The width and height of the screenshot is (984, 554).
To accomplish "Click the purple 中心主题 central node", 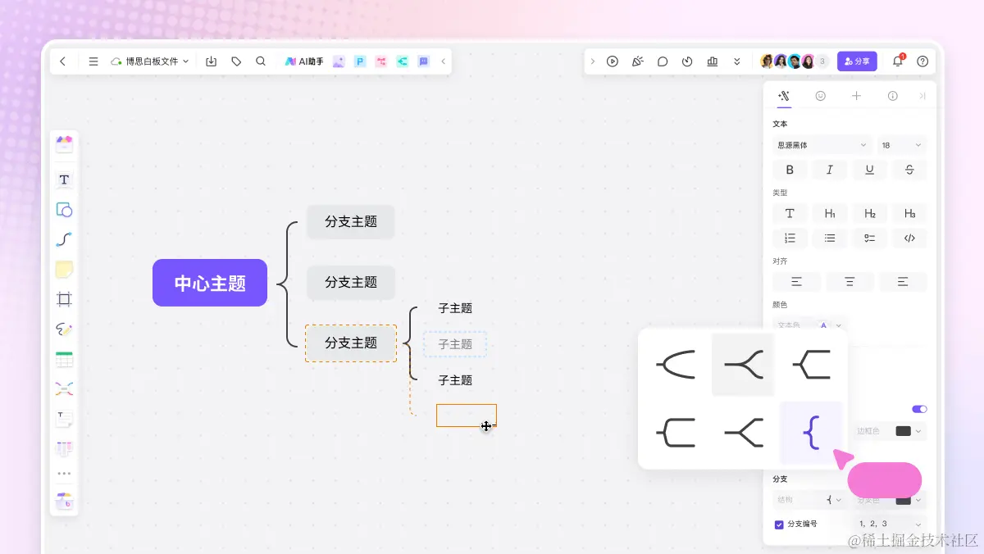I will tap(210, 283).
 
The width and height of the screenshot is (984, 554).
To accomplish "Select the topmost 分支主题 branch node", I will tap(351, 222).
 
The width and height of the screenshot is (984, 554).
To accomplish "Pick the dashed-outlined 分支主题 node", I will tap(351, 343).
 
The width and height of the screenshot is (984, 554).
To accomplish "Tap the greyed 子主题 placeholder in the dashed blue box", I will tap(455, 344).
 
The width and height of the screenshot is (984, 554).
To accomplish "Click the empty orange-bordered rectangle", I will tap(466, 415).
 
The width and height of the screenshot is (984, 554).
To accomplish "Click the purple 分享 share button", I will tap(857, 61).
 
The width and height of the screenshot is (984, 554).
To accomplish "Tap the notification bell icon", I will tap(897, 61).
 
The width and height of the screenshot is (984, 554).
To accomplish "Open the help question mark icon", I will tap(922, 61).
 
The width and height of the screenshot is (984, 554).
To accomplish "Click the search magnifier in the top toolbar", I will tap(261, 61).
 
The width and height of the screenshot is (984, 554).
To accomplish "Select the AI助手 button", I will tap(304, 61).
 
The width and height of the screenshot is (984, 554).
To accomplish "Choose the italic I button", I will tap(830, 170).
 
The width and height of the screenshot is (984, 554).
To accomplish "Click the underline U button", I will tap(869, 170).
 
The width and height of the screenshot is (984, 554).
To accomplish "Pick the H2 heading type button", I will tap(869, 214).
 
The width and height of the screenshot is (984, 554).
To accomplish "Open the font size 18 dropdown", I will tap(901, 145).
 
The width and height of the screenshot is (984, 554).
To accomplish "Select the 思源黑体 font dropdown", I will tap(822, 145).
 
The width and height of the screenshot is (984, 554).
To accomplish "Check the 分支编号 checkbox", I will tap(779, 524).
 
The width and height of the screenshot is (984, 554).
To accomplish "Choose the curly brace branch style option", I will tap(811, 432).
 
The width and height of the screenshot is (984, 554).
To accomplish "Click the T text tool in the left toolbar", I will tap(64, 179).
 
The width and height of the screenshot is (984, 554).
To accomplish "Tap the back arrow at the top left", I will tap(63, 61).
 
